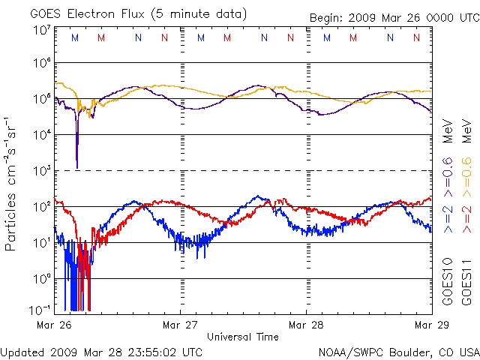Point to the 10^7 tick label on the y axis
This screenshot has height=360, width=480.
pyautogui.click(x=41, y=31)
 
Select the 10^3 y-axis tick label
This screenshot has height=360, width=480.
pyautogui.click(x=41, y=172)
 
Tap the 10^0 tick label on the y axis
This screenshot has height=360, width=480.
pyautogui.click(x=41, y=279)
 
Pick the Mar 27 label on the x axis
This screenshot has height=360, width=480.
pyautogui.click(x=180, y=325)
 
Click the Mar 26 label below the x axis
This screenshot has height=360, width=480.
pyautogui.click(x=54, y=325)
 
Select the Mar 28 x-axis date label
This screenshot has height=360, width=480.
pyautogui.click(x=306, y=325)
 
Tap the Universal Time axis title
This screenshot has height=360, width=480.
pyautogui.click(x=242, y=337)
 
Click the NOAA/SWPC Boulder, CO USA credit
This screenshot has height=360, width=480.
pyautogui.click(x=398, y=351)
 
